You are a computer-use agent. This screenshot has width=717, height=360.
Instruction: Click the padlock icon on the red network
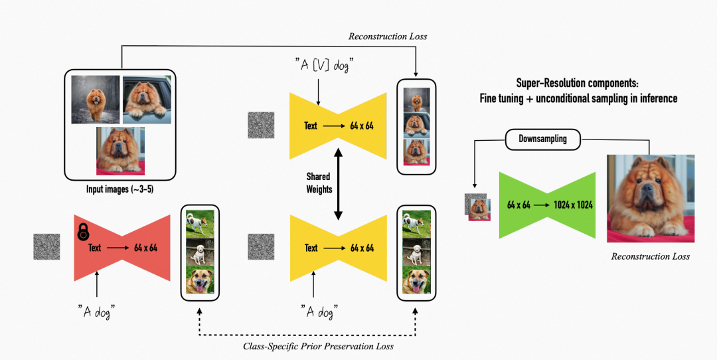84,232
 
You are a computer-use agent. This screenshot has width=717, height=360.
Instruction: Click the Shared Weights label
319,183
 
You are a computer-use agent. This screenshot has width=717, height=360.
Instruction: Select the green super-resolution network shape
545,205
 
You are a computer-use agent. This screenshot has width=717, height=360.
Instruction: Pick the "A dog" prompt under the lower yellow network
318,310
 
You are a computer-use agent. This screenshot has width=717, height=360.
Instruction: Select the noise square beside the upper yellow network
261,125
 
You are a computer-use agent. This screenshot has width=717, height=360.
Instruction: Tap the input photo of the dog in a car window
147,98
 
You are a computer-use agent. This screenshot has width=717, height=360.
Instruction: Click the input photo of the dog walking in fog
95,98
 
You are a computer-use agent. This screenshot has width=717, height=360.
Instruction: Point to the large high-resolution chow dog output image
651,198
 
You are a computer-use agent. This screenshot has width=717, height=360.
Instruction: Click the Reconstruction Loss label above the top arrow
388,37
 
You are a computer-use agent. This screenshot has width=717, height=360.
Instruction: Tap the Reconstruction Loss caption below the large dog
651,256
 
